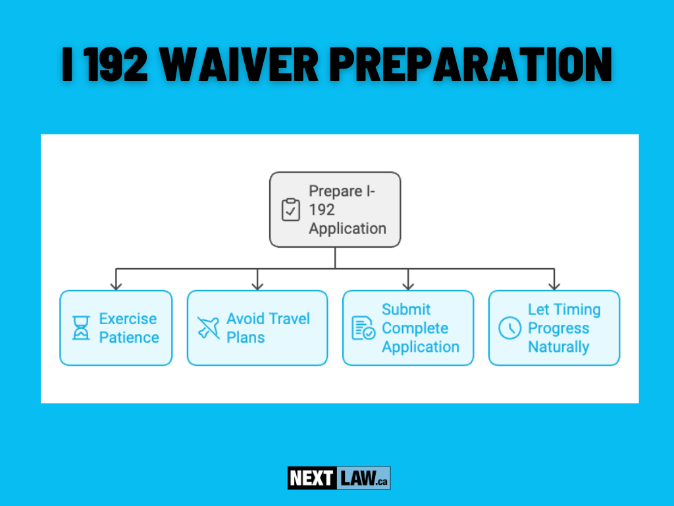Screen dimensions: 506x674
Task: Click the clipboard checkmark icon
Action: pyautogui.click(x=290, y=210)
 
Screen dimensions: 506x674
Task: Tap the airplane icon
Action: pyautogui.click(x=209, y=328)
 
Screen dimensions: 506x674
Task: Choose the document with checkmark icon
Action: pyautogui.click(x=363, y=328)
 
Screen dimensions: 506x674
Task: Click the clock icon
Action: pyautogui.click(x=509, y=328)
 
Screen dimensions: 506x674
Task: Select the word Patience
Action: pyautogui.click(x=129, y=337)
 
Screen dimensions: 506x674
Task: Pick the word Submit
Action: pyautogui.click(x=406, y=310)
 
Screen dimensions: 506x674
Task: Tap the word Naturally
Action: pyautogui.click(x=558, y=347)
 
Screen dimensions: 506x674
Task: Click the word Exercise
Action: pyautogui.click(x=128, y=319)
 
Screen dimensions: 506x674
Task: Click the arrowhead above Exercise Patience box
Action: pyautogui.click(x=116, y=285)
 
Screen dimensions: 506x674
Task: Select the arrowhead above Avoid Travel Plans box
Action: pyautogui.click(x=257, y=285)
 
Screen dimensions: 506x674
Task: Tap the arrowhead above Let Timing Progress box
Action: pyautogui.click(x=554, y=285)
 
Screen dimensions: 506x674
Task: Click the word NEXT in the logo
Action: pyautogui.click(x=311, y=478)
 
